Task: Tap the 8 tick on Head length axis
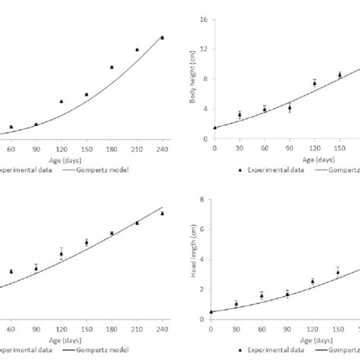[x=204, y=200]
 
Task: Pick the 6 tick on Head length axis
[x=204, y=228]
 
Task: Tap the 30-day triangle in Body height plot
[x=239, y=115]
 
